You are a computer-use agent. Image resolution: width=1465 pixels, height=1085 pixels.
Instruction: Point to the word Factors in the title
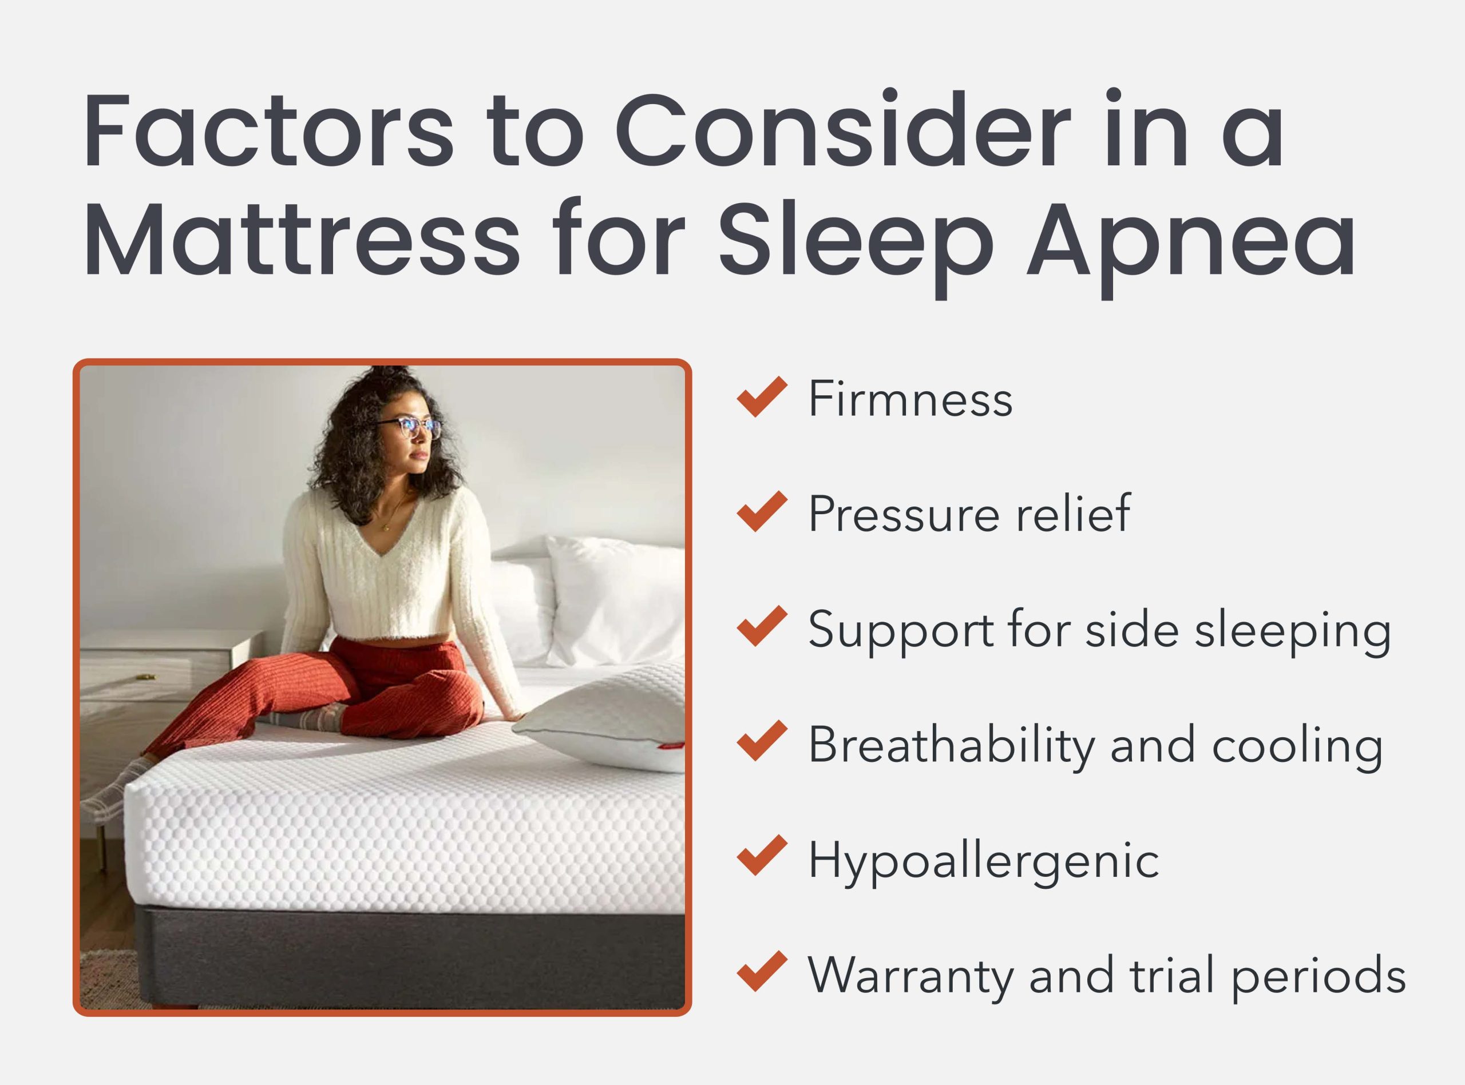click(x=268, y=130)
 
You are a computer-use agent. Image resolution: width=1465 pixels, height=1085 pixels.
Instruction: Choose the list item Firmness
click(x=910, y=398)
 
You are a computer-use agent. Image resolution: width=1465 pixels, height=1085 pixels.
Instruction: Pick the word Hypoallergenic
click(x=984, y=860)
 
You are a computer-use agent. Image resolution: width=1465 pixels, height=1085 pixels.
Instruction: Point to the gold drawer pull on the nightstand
click(x=146, y=677)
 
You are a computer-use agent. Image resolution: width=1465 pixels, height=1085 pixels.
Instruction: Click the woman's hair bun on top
click(x=387, y=377)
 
